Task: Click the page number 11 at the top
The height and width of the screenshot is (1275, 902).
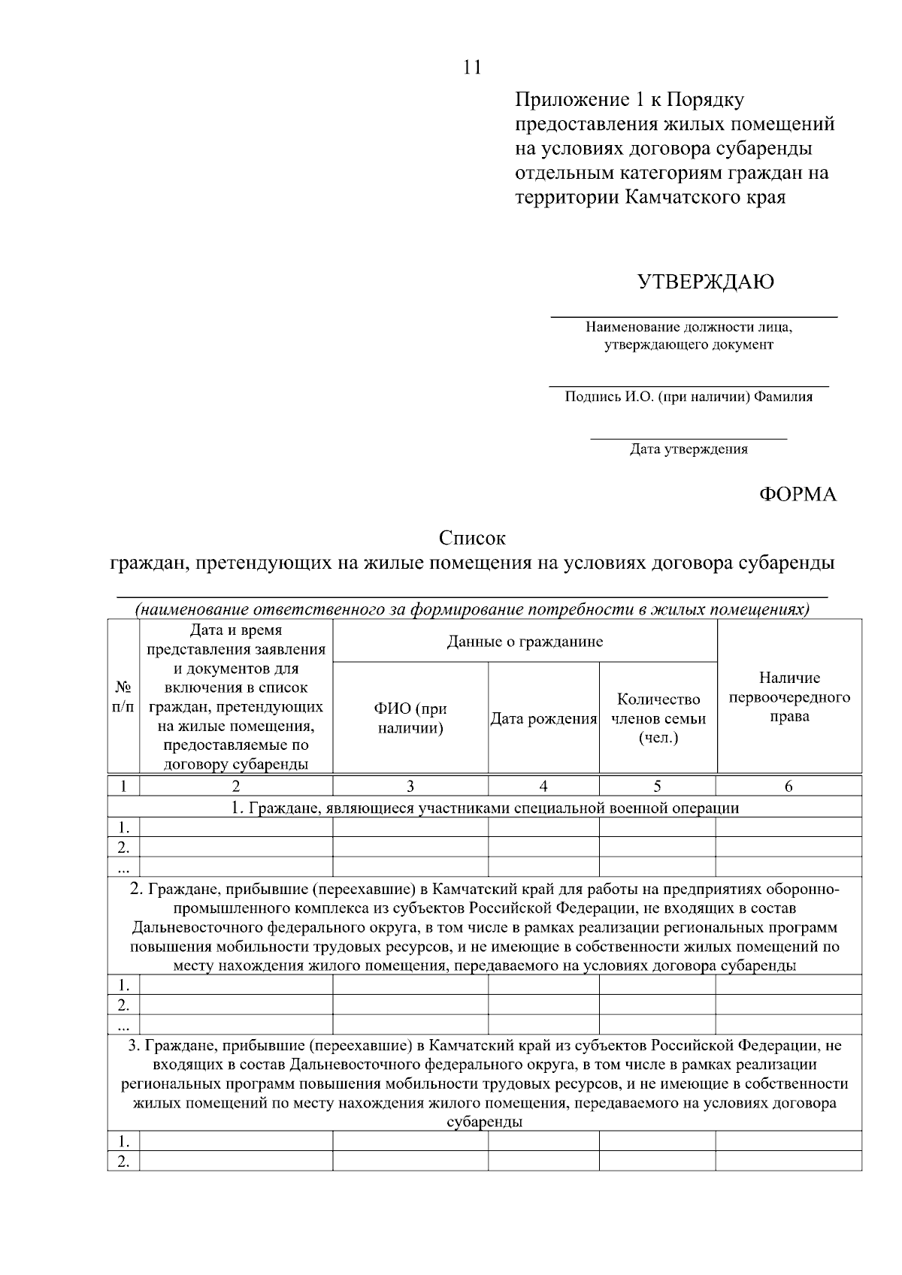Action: pos(471,68)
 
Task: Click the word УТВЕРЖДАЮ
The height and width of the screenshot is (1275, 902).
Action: pos(705,282)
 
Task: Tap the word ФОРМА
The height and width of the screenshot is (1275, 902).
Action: pos(797,494)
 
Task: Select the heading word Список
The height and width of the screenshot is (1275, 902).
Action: pos(472,539)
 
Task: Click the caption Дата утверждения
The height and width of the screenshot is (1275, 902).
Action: pos(689,450)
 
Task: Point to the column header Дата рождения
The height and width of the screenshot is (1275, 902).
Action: pos(543,719)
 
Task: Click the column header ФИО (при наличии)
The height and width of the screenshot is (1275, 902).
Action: pos(410,718)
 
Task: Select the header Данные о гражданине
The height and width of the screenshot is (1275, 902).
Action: pos(525,642)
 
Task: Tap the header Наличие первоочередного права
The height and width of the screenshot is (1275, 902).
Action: pos(789,697)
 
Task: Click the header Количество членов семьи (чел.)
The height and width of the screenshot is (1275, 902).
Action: pos(658,719)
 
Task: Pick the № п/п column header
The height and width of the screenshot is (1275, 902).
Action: pos(124,697)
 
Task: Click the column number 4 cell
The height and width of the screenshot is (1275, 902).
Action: pos(543,787)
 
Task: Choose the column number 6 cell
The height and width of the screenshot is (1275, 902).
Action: pos(788,787)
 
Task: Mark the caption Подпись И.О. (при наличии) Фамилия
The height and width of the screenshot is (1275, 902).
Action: pos(689,397)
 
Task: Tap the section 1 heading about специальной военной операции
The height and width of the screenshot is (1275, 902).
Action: pos(485,808)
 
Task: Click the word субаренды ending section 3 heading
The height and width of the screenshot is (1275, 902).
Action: pos(485,1122)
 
